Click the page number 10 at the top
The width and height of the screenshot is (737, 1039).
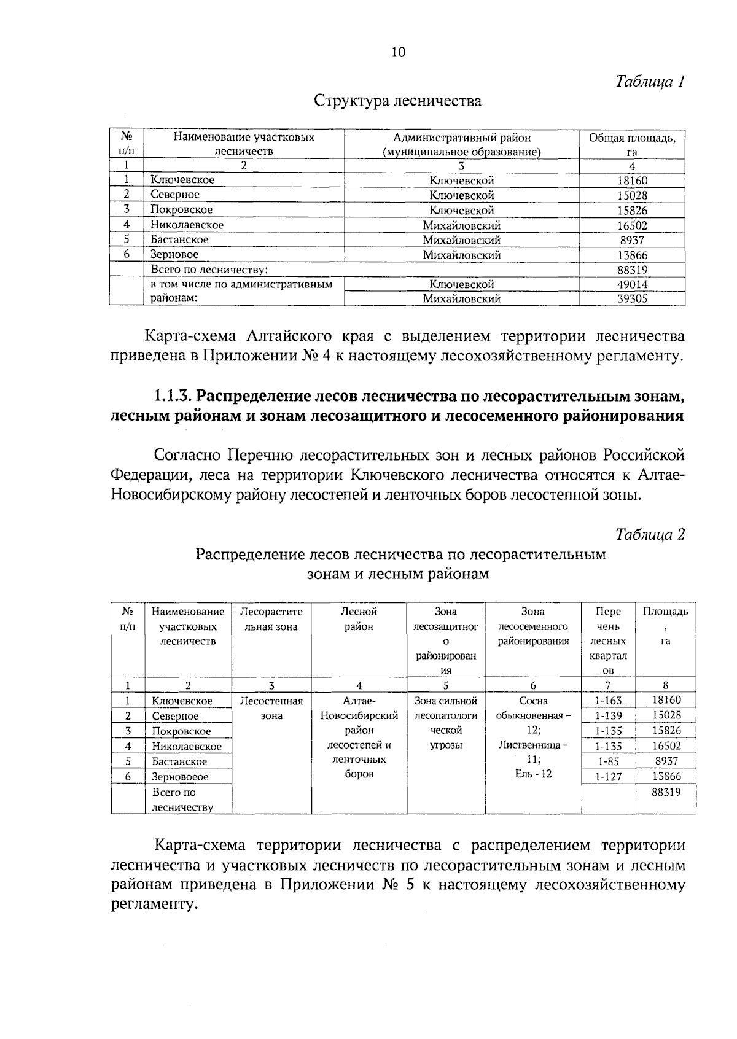398,52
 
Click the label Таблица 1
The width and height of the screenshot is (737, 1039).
650,82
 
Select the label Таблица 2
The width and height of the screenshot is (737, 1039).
650,535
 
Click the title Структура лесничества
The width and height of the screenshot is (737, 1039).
397,101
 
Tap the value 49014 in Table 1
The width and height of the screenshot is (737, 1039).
632,284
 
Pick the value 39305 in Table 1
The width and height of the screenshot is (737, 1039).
632,299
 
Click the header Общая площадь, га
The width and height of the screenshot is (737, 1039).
632,144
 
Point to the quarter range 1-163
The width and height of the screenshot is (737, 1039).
608,701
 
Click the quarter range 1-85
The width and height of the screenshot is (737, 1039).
608,761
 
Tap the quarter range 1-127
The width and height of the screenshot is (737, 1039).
608,777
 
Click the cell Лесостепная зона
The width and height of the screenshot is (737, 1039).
271,708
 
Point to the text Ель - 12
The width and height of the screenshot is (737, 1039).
533,774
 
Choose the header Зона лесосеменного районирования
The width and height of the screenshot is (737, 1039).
533,626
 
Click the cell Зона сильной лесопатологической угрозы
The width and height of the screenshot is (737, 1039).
446,723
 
